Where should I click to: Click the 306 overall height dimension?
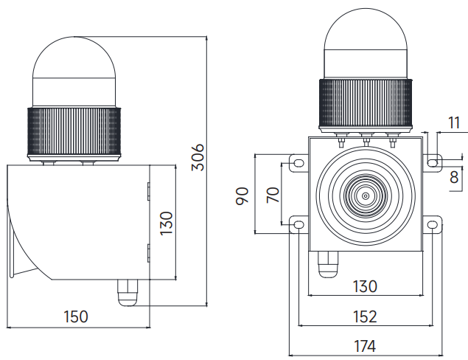198,157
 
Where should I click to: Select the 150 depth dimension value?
76,316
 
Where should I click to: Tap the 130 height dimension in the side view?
167,224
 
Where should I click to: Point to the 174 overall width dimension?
365,347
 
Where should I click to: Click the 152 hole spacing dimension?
365,316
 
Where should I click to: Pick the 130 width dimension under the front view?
365,286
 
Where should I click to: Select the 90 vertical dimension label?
242,196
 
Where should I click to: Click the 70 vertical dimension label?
273,195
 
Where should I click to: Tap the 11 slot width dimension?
454,122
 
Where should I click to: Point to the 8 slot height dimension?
454,177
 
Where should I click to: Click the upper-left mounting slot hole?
298,163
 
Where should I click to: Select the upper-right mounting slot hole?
433,163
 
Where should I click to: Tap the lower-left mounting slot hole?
298,224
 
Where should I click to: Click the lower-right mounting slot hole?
433,224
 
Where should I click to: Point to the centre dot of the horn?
366,196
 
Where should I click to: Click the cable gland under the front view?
328,264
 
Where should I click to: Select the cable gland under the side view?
128,293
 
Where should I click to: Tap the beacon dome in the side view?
74,72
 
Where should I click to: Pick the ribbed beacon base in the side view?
74,132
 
